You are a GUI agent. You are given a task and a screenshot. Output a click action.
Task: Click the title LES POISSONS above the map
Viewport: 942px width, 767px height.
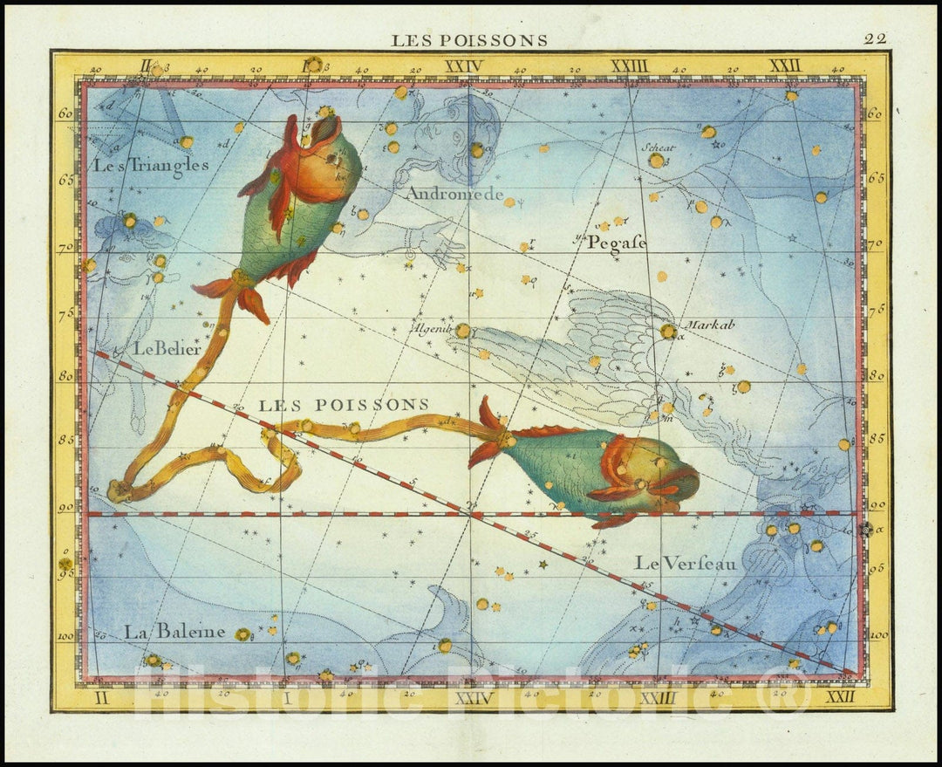tap(469, 40)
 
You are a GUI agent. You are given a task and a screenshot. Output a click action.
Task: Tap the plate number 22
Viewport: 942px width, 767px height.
tap(875, 38)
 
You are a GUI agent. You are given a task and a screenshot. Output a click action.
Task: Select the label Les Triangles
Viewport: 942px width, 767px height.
tap(151, 164)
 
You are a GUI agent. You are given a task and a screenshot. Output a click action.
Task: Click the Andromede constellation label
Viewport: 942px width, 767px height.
tap(454, 195)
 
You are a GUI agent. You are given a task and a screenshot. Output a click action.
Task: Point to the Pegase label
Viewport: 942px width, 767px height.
tap(617, 243)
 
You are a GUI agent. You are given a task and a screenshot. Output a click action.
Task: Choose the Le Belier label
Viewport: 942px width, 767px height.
tap(167, 348)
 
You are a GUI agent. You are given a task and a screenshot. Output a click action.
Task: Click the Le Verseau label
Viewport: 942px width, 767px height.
tap(686, 564)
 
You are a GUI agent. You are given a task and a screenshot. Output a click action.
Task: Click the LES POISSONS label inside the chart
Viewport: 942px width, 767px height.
tap(345, 404)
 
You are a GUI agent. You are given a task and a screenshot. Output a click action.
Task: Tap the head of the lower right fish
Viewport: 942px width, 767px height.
tap(663, 476)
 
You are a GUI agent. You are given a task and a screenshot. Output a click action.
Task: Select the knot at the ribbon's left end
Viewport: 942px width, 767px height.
tap(118, 490)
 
